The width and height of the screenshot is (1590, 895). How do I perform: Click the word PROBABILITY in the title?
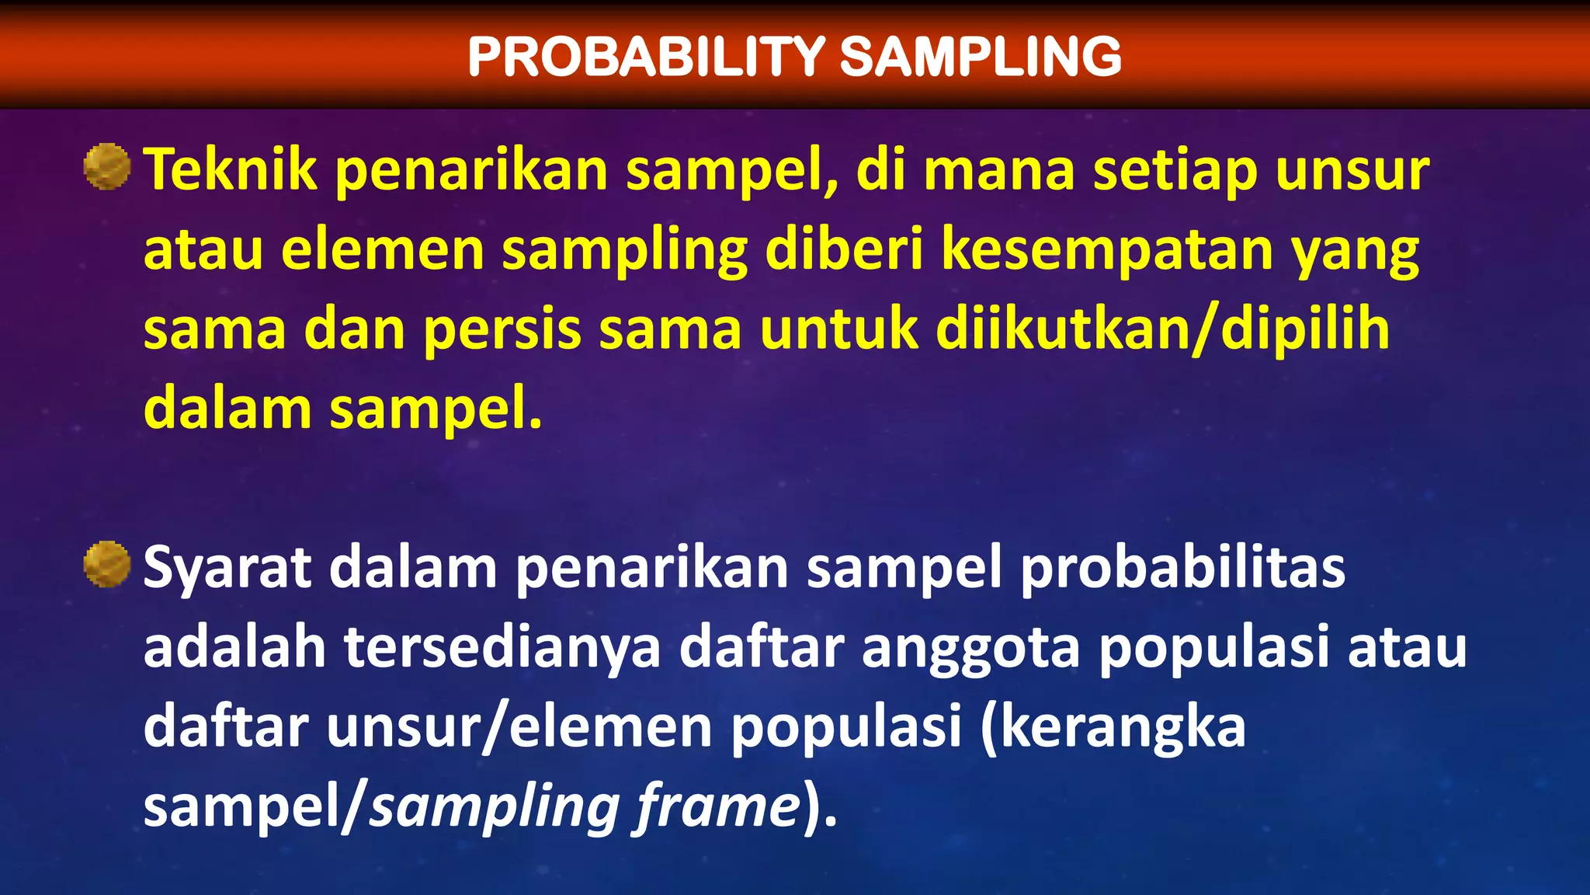click(646, 57)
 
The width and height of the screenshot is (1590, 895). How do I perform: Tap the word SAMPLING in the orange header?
click(981, 57)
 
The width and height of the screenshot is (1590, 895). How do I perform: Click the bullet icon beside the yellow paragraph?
click(106, 166)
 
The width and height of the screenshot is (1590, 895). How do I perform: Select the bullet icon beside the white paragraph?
click(106, 564)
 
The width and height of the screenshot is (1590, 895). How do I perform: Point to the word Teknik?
click(231, 169)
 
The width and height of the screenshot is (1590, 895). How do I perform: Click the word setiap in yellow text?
click(1175, 169)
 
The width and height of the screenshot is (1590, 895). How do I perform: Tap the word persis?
click(502, 329)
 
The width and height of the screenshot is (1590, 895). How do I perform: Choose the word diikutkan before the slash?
click(1063, 329)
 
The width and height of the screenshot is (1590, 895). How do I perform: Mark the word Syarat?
click(227, 569)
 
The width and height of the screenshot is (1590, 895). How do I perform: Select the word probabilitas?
click(1182, 569)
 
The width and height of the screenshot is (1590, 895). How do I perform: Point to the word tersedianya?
click(502, 648)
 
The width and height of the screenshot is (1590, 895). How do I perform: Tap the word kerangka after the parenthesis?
click(1122, 727)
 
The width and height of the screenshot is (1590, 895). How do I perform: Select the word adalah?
click(234, 648)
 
